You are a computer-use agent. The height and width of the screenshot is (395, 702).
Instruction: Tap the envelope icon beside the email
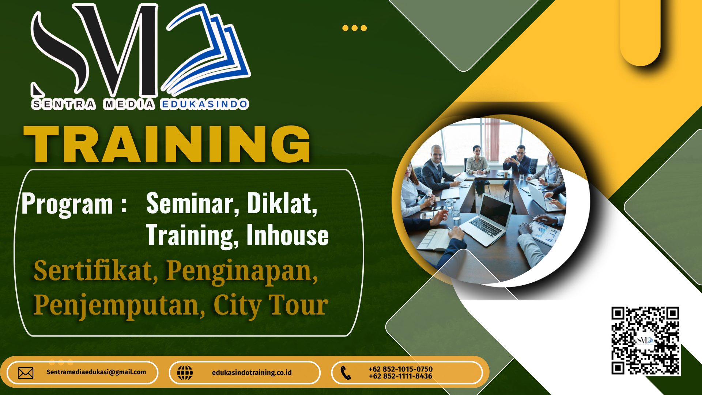tap(26, 373)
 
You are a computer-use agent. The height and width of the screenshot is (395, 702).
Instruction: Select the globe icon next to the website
tap(185, 373)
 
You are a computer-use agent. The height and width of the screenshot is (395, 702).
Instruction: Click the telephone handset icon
tap(346, 373)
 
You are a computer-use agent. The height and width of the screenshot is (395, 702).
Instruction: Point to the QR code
tap(646, 341)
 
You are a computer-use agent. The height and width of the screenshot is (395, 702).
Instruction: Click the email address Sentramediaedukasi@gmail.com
tap(96, 372)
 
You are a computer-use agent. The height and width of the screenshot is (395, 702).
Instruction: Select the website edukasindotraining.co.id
tap(252, 372)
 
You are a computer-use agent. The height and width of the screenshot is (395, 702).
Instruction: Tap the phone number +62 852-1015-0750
tap(400, 369)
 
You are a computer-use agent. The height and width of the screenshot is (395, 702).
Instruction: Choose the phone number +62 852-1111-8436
tap(400, 376)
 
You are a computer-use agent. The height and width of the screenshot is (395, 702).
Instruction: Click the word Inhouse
tap(287, 235)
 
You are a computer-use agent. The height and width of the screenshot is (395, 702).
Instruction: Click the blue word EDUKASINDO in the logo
tap(205, 104)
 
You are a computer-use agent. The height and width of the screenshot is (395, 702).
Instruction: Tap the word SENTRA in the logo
tap(64, 104)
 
